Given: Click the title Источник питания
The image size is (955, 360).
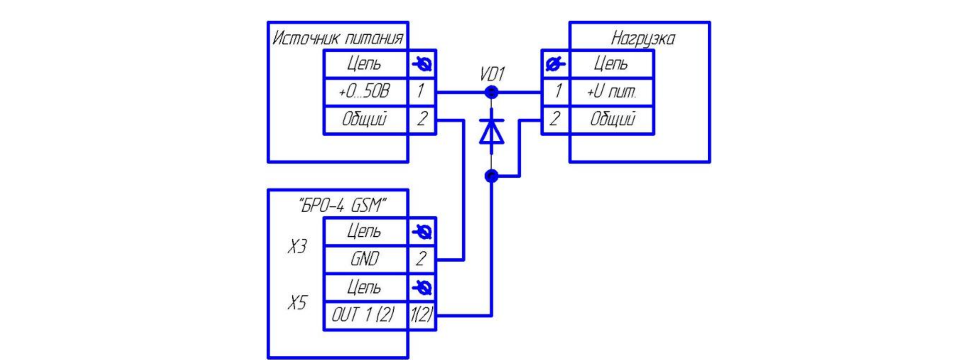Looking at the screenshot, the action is point(338,38).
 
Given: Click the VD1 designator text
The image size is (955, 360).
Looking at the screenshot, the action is point(492,74).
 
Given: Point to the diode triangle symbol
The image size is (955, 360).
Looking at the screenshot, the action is point(491,131).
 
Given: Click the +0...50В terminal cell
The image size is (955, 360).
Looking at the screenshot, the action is point(366,92).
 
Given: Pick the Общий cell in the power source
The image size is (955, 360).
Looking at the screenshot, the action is point(366,120).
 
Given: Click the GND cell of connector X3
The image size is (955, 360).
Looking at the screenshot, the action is point(366,259).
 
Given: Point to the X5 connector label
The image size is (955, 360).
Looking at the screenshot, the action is point(297,303).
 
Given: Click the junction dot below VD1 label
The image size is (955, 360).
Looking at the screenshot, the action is point(491,92).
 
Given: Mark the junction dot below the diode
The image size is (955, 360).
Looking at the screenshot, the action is point(491,176).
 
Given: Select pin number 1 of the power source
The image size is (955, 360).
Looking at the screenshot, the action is point(421,91).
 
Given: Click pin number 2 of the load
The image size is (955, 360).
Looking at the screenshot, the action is point(555,119).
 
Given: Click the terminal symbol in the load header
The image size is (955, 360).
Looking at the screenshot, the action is point(555,64).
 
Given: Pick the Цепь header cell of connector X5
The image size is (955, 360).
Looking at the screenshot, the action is point(366,288).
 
